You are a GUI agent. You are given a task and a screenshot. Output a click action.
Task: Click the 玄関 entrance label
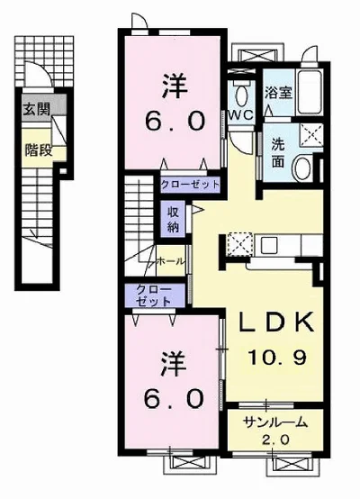[x=37, y=110]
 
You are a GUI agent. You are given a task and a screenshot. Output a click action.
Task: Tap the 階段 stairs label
[x=39, y=150]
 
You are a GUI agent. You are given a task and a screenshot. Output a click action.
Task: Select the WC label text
[x=241, y=115]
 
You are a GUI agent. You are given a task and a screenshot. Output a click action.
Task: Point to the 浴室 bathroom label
[x=279, y=93]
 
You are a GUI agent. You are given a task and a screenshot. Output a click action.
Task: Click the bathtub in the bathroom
[x=310, y=92]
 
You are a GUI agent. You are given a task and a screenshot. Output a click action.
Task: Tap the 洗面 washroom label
[x=277, y=154]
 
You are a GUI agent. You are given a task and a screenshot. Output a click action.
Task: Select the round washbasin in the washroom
[x=303, y=167]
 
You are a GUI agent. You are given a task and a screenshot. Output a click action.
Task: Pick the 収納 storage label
[x=173, y=219]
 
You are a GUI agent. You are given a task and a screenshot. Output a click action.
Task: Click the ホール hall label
[x=171, y=261]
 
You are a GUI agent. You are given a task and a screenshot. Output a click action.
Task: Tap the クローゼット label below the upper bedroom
[x=190, y=185]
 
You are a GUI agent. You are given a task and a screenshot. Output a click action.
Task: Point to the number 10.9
[x=277, y=357]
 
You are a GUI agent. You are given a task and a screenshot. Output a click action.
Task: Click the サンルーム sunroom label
[x=275, y=422]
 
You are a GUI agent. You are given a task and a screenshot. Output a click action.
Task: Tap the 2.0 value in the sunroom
[x=275, y=440]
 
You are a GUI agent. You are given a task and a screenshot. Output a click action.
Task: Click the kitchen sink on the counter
[x=269, y=245]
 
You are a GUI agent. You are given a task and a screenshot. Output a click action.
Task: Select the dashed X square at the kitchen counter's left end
[x=239, y=244]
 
